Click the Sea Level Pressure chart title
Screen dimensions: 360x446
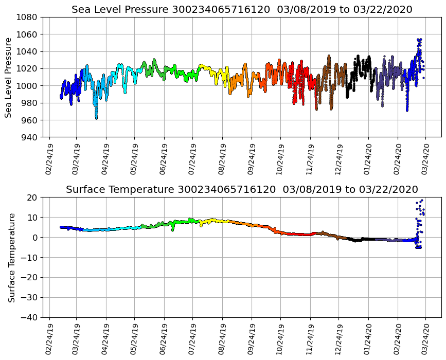pos(242,9)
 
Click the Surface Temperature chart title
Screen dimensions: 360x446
pos(242,190)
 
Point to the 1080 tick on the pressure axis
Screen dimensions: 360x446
pos(29,17)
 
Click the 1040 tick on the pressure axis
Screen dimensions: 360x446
pos(29,51)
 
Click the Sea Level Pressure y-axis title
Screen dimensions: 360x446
pos(8,77)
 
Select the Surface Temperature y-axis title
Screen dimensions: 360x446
pos(11,257)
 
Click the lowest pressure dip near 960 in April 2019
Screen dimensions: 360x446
pos(96,118)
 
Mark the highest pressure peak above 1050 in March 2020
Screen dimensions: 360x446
pos(419,39)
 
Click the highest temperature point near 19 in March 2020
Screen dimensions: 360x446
pos(422,201)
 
